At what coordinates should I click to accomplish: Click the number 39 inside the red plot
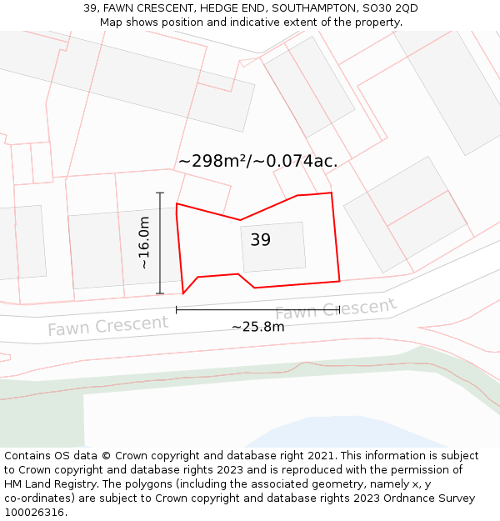261,240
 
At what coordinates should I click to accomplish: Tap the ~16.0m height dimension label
143,243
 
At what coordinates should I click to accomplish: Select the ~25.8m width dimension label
257,327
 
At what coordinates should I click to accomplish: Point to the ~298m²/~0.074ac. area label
257,161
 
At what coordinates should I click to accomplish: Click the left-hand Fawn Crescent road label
107,326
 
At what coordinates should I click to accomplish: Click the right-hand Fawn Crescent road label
335,309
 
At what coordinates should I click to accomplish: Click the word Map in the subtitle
112,23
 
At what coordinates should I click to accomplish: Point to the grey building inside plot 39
273,247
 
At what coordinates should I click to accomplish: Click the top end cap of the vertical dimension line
160,193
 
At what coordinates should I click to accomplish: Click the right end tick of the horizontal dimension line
339,309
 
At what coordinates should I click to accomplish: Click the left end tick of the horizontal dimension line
176,309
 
